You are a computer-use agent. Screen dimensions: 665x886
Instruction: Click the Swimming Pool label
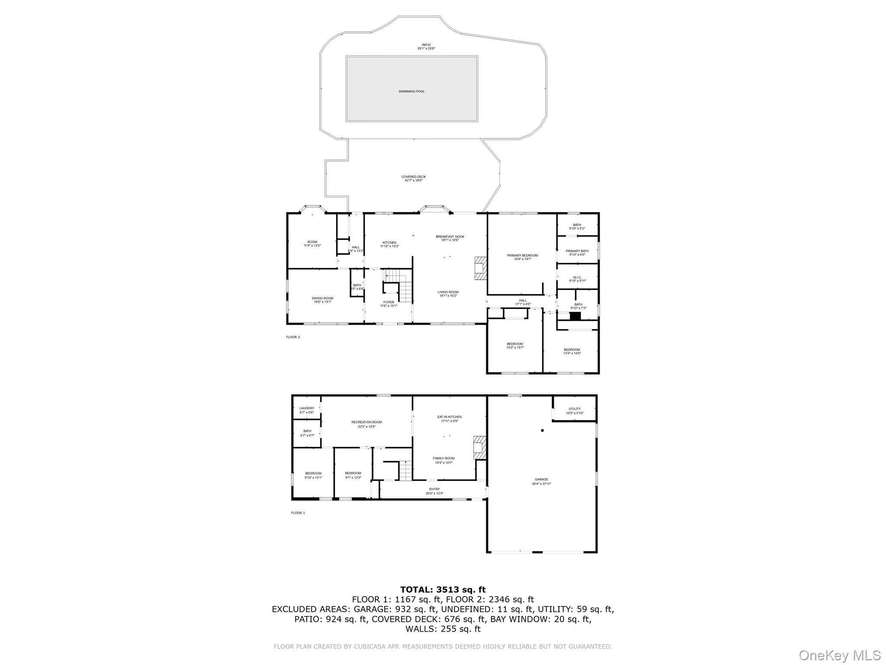pyautogui.click(x=411, y=91)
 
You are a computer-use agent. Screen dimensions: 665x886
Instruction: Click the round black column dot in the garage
pyautogui.click(x=542, y=430)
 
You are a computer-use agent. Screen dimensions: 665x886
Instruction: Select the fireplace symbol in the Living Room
pyautogui.click(x=480, y=268)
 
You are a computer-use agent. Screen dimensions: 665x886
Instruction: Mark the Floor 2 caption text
pyautogui.click(x=293, y=337)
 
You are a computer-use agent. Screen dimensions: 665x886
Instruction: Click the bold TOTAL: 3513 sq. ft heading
pyautogui.click(x=443, y=589)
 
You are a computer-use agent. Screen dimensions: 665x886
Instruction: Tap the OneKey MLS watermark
pyautogui.click(x=839, y=655)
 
